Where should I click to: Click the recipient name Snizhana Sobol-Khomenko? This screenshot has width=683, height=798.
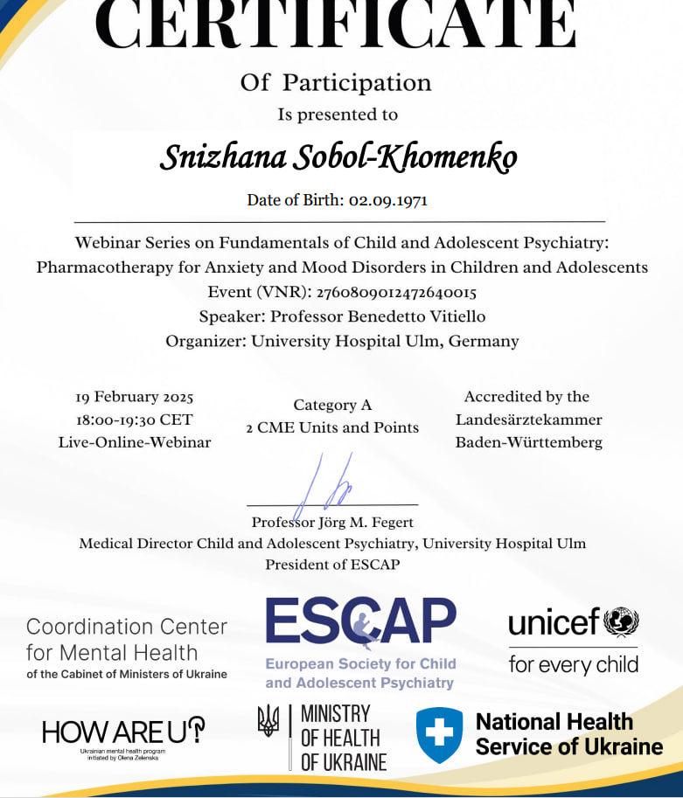pyautogui.click(x=338, y=156)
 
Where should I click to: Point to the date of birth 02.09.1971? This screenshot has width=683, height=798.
pyautogui.click(x=387, y=200)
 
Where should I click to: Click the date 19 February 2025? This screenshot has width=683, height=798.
pyautogui.click(x=135, y=397)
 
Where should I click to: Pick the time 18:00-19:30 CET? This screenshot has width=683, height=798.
pyautogui.click(x=135, y=420)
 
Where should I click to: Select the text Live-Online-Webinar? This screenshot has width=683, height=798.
pyautogui.click(x=135, y=442)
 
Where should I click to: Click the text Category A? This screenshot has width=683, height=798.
pyautogui.click(x=332, y=405)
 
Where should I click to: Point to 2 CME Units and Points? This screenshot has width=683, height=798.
pyautogui.click(x=332, y=427)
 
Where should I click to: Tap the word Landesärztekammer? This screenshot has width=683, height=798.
pyautogui.click(x=528, y=420)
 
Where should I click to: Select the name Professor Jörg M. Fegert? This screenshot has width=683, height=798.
pyautogui.click(x=332, y=523)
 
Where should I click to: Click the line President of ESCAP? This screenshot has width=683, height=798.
pyautogui.click(x=332, y=565)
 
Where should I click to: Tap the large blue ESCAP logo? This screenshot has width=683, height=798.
pyautogui.click(x=360, y=622)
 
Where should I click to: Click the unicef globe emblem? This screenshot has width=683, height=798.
pyautogui.click(x=622, y=622)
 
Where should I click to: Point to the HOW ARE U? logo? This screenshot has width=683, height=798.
pyautogui.click(x=123, y=731)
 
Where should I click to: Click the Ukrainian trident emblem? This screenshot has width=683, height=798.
pyautogui.click(x=268, y=722)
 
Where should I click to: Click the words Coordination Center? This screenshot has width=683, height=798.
pyautogui.click(x=127, y=627)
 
